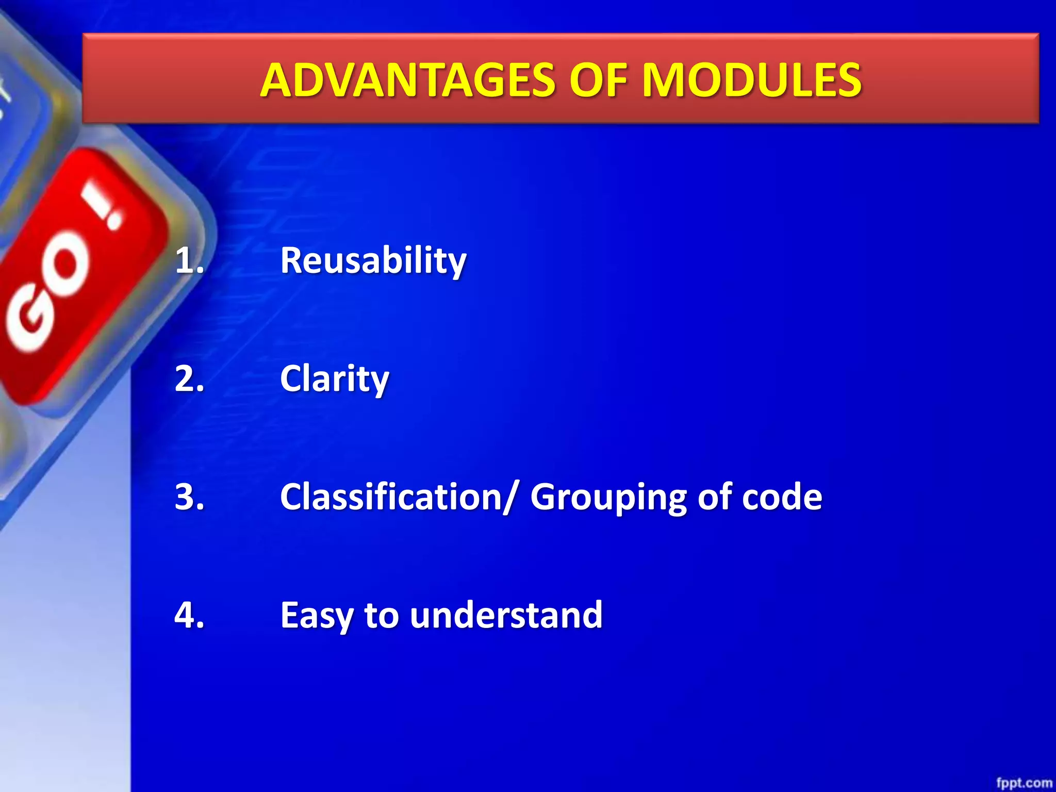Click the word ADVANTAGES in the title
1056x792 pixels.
pyautogui.click(x=407, y=80)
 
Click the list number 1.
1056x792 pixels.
pyautogui.click(x=189, y=260)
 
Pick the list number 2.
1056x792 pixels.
pyautogui.click(x=189, y=379)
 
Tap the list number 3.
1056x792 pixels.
pyautogui.click(x=189, y=497)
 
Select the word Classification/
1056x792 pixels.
pyautogui.click(x=398, y=498)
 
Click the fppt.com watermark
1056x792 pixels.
pyautogui.click(x=1024, y=783)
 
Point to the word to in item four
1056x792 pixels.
pyautogui.click(x=381, y=616)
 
